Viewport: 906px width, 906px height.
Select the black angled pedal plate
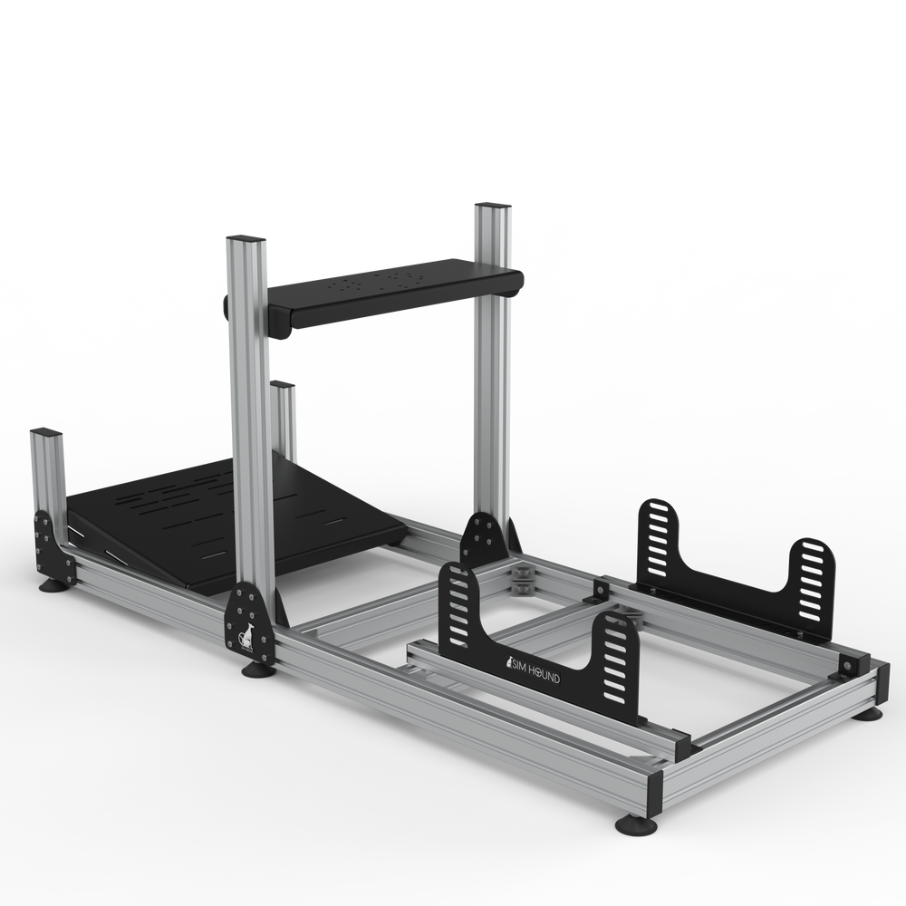coord(226,516)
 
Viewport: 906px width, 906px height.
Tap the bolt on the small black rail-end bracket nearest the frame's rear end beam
coord(844,665)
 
